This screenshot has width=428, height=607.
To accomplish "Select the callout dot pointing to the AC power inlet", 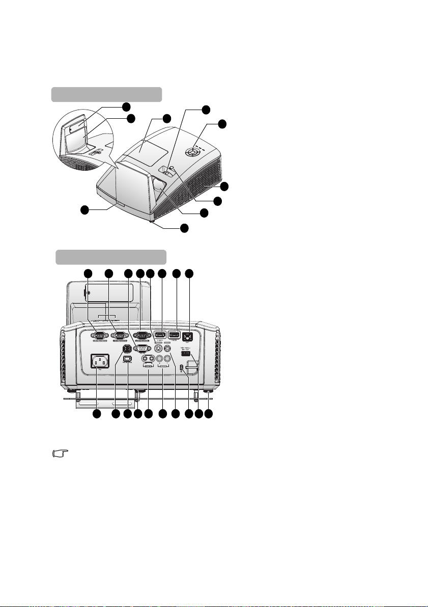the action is pyautogui.click(x=97, y=416).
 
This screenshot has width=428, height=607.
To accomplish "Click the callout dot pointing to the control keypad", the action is pyautogui.click(x=222, y=124).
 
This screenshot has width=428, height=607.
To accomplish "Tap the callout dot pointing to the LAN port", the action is pyautogui.click(x=189, y=274).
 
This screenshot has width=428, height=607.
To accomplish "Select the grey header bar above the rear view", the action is pyautogui.click(x=111, y=257).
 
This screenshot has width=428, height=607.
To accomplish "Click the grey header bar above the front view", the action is pyautogui.click(x=106, y=95).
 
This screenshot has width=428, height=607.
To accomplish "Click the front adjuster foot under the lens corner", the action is pyautogui.click(x=152, y=221).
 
